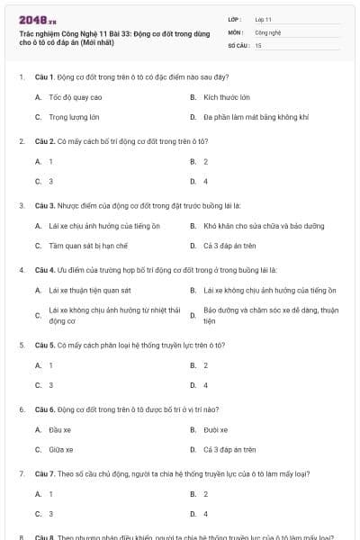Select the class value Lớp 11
tap(263, 19)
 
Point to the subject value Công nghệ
tap(268, 31)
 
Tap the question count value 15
tap(258, 44)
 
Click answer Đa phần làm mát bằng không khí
tap(256, 117)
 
